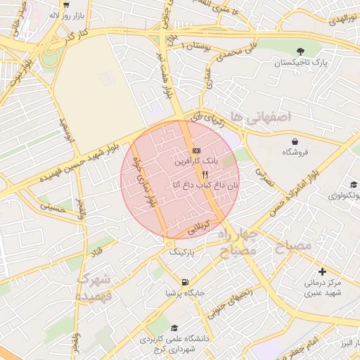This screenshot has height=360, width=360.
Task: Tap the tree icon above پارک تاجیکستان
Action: click(301, 51)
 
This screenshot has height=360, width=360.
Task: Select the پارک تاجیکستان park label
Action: click(300, 64)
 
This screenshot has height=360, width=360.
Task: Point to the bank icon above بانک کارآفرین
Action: click(195, 150)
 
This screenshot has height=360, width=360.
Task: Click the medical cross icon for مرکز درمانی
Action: click(322, 271)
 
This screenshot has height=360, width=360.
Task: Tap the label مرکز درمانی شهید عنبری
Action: click(322, 288)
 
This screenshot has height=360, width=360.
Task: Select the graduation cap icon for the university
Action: click(174, 327)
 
